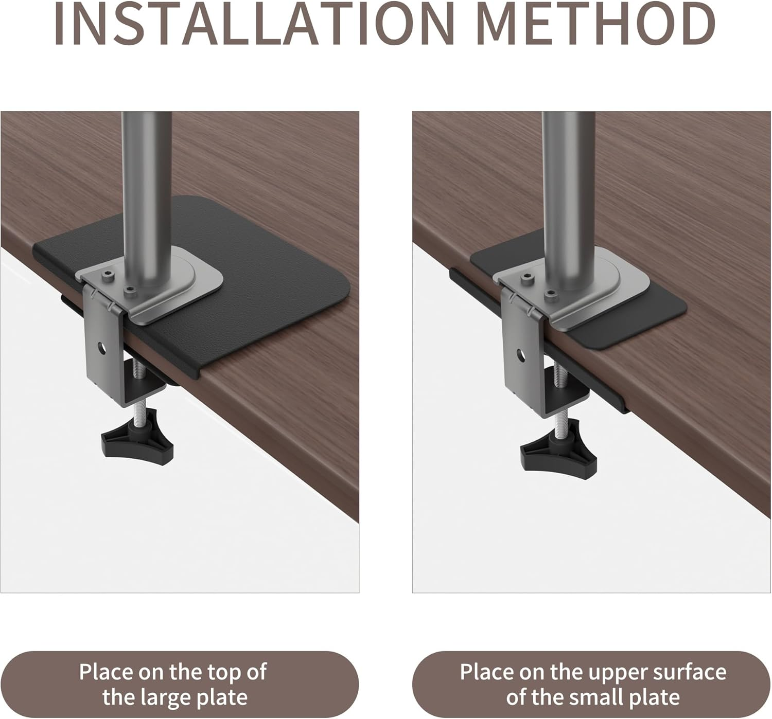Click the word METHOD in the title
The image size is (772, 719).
598,25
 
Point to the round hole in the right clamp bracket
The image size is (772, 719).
521,355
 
